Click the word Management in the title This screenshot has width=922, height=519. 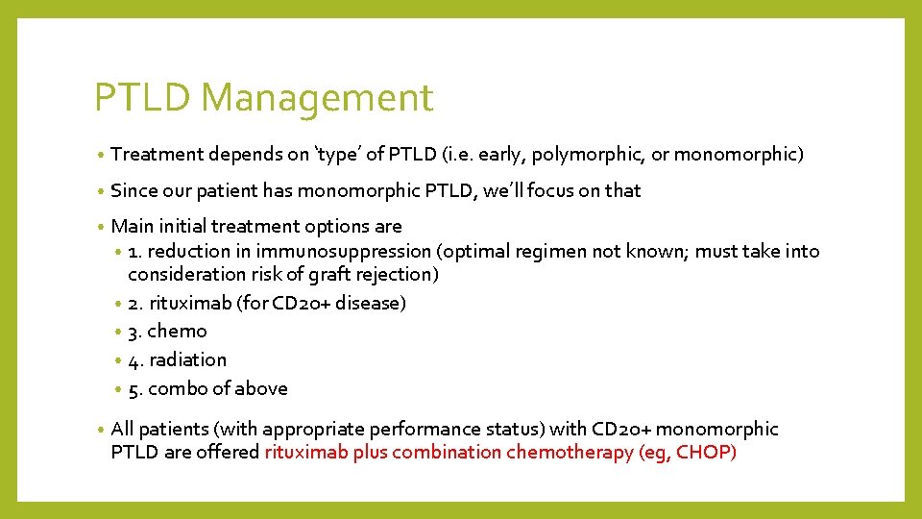(x=318, y=98)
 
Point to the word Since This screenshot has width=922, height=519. (x=134, y=190)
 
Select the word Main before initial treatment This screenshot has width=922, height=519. (x=133, y=226)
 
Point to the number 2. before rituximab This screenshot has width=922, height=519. (x=135, y=303)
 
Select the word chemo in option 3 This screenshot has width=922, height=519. (x=177, y=332)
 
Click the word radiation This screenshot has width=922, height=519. (x=188, y=359)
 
